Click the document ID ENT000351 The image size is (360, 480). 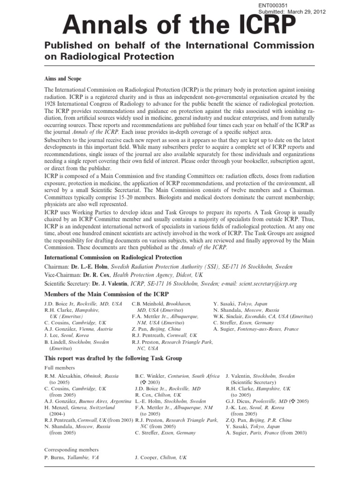[x=272, y=5]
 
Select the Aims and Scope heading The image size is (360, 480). [x=63, y=78]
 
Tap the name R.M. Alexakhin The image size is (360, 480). [x=64, y=376]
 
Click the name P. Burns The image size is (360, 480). [x=55, y=457]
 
